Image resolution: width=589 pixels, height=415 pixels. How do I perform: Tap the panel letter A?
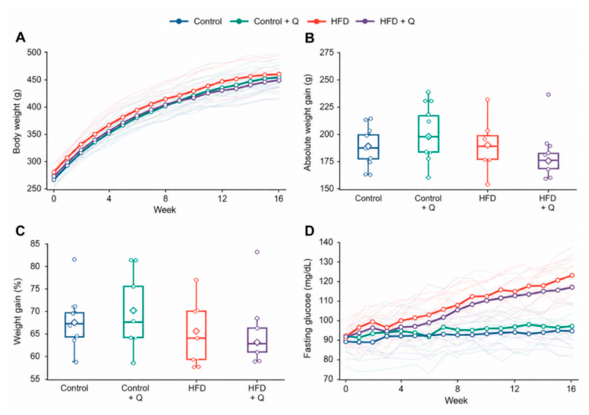(x=20, y=38)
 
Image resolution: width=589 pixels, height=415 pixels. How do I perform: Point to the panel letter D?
(x=309, y=231)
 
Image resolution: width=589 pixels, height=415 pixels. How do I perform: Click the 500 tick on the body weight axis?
(x=34, y=52)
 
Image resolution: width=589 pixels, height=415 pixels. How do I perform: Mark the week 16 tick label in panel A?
(x=279, y=198)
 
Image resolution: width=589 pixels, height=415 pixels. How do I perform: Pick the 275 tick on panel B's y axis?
(x=326, y=52)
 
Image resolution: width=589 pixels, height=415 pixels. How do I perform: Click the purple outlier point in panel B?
(x=548, y=95)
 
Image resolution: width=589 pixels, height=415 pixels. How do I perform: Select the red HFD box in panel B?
(x=487, y=147)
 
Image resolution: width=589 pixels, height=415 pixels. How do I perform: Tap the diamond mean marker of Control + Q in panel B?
(x=428, y=137)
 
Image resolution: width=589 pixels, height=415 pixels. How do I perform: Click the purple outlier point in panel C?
(x=257, y=252)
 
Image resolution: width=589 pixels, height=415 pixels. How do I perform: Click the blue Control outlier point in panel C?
(x=74, y=260)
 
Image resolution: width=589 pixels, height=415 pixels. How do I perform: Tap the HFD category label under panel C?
(x=197, y=388)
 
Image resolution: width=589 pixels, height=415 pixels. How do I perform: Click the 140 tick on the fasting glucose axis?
(x=326, y=242)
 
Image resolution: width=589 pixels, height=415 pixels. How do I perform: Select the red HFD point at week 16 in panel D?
(x=572, y=276)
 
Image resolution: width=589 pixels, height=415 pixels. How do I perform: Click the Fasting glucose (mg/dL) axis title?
(x=308, y=309)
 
